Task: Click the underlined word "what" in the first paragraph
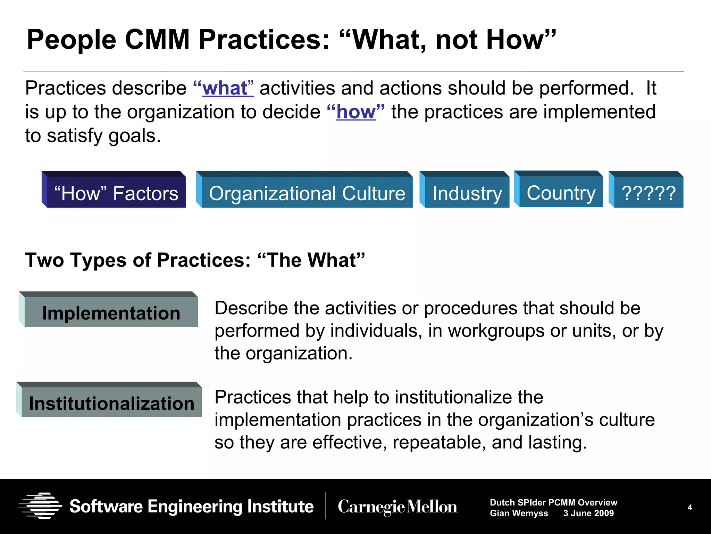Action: [x=225, y=88]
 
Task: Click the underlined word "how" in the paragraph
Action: [x=356, y=112]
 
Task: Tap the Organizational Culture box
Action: [x=307, y=193]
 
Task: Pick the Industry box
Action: [x=467, y=193]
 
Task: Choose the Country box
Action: [x=561, y=192]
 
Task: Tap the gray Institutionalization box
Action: [x=111, y=403]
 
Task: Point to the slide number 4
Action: [x=690, y=507]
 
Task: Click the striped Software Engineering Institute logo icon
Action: [x=40, y=506]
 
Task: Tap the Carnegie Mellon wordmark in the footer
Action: [x=398, y=507]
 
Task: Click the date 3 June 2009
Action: [x=588, y=513]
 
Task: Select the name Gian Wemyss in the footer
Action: [x=519, y=513]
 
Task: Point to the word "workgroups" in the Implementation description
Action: [x=496, y=331]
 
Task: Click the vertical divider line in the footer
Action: [x=326, y=506]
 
